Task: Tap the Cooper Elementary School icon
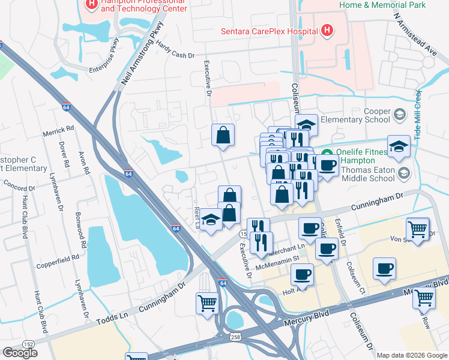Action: point(400,113)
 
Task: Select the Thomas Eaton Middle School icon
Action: point(405,173)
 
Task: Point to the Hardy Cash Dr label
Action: point(176,55)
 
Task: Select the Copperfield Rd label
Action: point(59,257)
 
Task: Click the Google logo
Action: point(20,353)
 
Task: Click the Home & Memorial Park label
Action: point(382,5)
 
